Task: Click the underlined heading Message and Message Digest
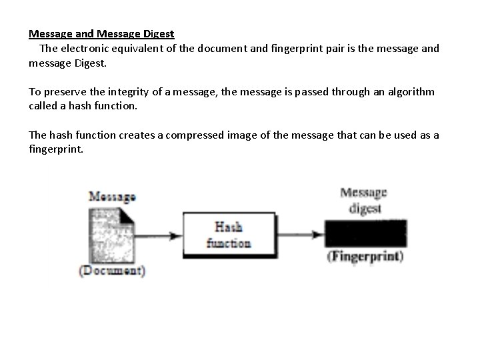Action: pos(101,33)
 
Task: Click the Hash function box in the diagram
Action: pos(229,235)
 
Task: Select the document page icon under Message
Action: pos(111,234)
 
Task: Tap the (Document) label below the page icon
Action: pos(111,271)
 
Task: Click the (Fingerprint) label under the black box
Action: pos(365,257)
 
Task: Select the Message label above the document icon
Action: pos(112,197)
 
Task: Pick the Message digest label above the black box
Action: pos(364,201)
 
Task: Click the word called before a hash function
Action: pos(42,106)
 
